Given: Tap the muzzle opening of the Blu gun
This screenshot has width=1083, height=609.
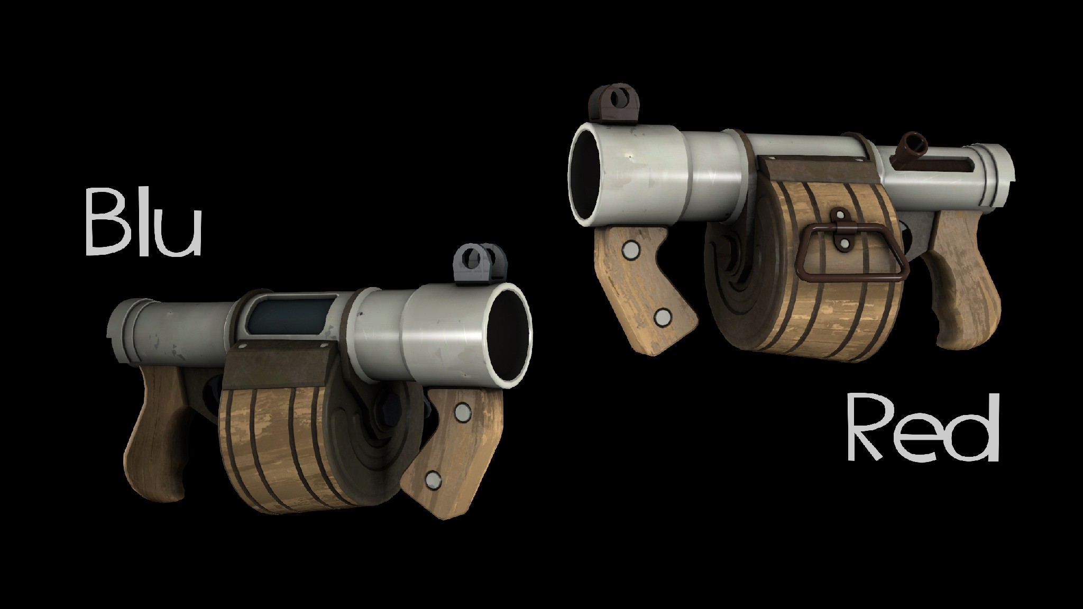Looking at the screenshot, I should pyautogui.click(x=508, y=333).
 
